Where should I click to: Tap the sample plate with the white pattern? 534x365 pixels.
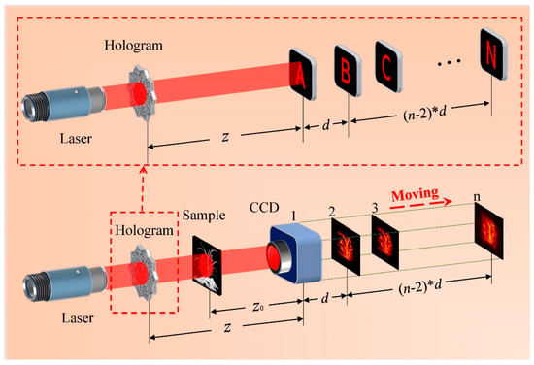(x=212, y=260)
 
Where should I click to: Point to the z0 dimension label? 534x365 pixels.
(x=257, y=304)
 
